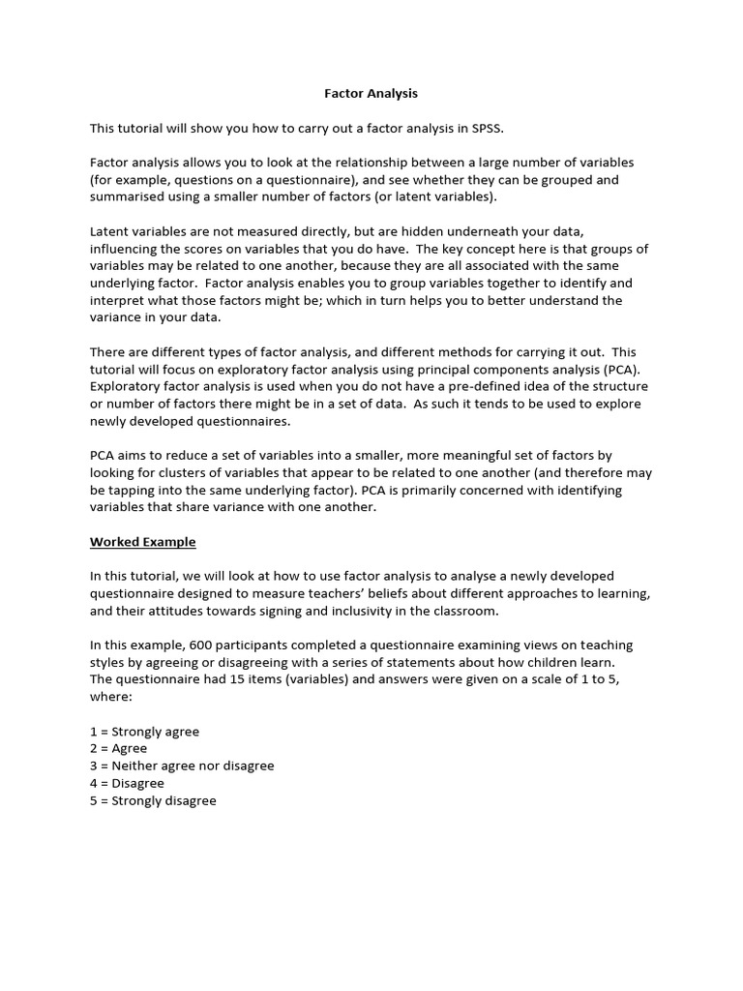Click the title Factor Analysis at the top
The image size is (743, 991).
coord(371,94)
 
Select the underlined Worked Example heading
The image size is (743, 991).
coord(143,542)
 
